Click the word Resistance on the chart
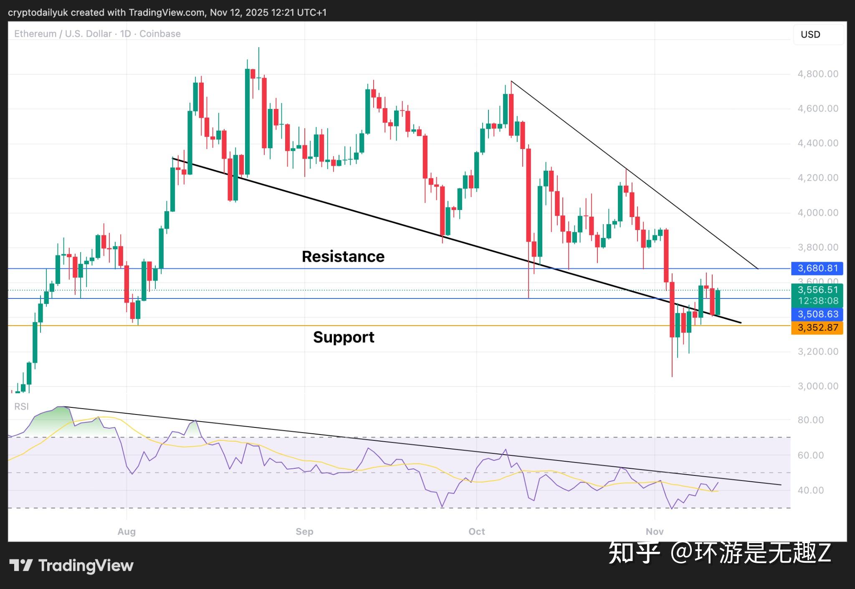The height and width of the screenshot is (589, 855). [343, 256]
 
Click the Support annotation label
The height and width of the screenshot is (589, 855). [344, 337]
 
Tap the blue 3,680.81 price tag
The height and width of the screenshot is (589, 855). [817, 268]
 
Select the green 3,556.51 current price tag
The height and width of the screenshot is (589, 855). [817, 290]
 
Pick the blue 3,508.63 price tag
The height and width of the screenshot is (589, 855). [817, 314]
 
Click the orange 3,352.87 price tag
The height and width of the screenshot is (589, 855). [817, 328]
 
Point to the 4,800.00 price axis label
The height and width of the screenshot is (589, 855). [817, 74]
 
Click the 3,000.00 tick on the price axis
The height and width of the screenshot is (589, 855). [817, 386]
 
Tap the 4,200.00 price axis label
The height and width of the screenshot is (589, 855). [817, 178]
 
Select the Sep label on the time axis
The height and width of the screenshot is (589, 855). [304, 531]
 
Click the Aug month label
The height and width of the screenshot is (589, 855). [126, 531]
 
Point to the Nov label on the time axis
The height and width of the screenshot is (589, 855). [654, 531]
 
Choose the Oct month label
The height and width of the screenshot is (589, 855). [476, 531]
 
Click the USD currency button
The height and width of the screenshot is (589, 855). [817, 35]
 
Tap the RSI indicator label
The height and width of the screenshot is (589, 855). [21, 407]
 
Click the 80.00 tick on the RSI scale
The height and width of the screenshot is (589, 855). [810, 420]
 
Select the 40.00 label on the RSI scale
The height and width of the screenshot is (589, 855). [810, 490]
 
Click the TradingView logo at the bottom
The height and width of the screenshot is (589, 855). [71, 566]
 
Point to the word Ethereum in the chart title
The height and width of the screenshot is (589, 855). [35, 34]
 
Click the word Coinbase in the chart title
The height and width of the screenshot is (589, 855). [160, 34]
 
